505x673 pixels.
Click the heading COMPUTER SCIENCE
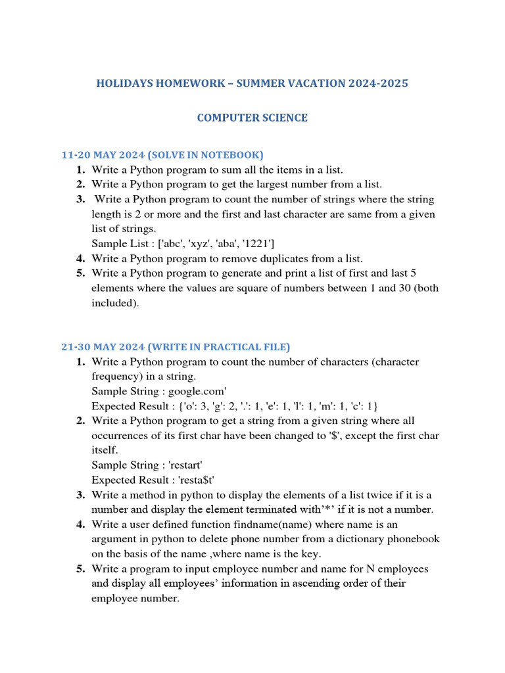pyautogui.click(x=252, y=118)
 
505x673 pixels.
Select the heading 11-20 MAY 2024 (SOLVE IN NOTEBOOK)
pyautogui.click(x=162, y=155)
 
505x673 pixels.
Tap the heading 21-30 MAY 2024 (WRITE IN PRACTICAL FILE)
pyautogui.click(x=175, y=347)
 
